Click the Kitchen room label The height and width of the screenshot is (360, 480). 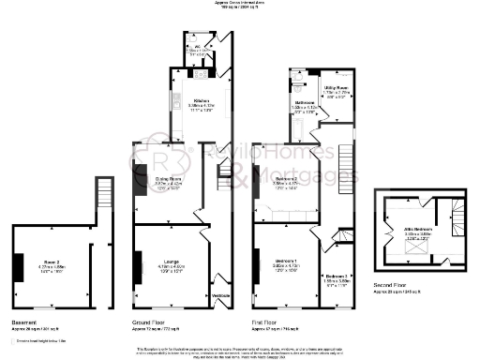click(x=200, y=100)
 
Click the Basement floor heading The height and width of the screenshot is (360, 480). click(x=23, y=322)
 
